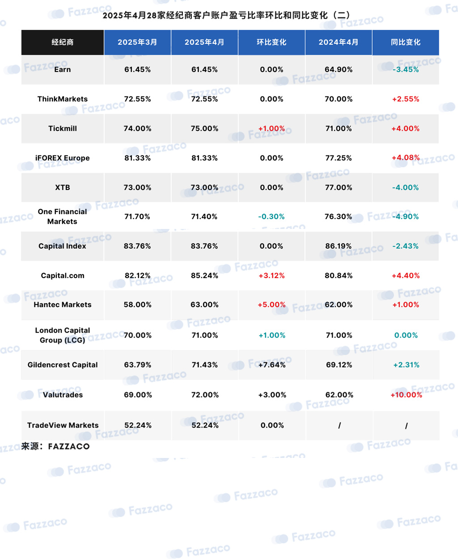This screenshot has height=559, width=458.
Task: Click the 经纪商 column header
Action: coord(63,42)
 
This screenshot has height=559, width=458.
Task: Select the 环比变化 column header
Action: coord(271,42)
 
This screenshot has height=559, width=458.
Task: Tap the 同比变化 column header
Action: coord(406,42)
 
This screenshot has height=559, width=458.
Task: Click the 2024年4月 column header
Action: coord(339,42)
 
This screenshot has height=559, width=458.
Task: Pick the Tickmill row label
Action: coord(63,128)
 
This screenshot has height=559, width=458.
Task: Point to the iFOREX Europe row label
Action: coord(63,158)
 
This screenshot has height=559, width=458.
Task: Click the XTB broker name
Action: coord(63,187)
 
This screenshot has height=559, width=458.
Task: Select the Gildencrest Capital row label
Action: coord(63,365)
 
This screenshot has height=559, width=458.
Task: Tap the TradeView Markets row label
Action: coord(63,425)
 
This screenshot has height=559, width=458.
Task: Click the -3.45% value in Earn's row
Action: coord(406,69)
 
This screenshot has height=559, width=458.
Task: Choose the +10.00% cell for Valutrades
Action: coord(406,395)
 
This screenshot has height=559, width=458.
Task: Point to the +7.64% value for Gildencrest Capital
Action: coord(272,365)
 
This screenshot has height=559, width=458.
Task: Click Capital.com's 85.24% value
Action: coord(204,275)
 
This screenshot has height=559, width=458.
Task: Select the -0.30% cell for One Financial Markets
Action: coord(271,216)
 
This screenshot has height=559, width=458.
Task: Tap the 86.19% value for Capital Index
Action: coord(339,246)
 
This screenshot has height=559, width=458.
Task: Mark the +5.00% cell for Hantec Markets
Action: coord(271,305)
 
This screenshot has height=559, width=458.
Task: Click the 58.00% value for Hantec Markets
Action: coord(138,305)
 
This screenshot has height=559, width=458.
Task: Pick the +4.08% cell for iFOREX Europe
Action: coord(406,158)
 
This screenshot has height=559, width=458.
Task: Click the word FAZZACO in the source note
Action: coord(69,447)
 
